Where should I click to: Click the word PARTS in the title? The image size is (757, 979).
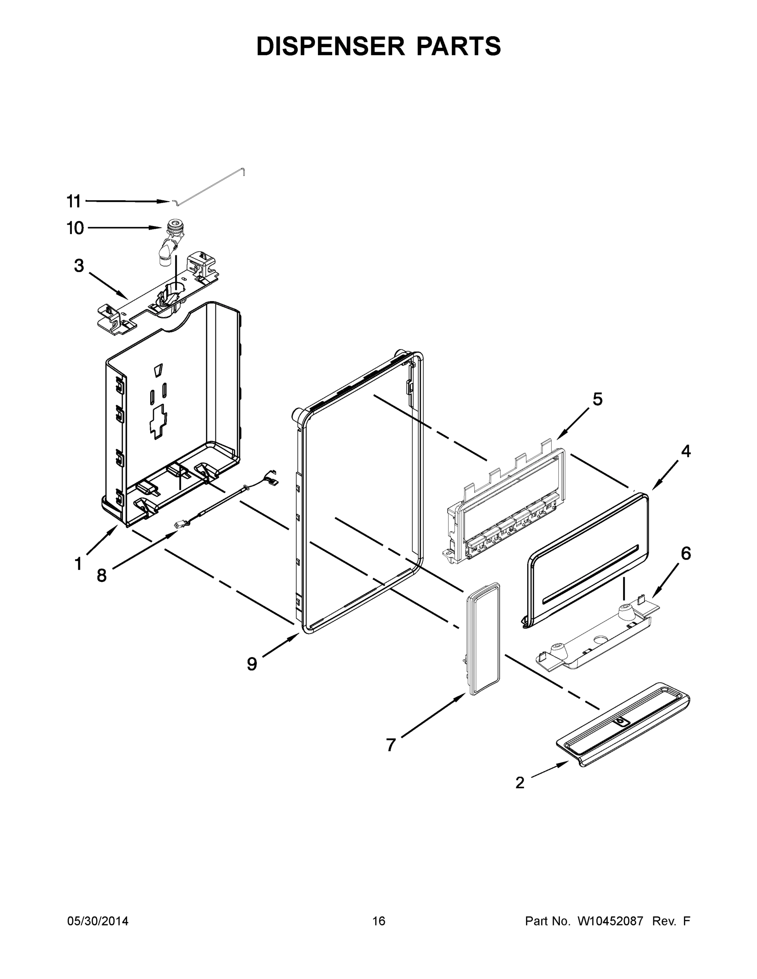tap(458, 46)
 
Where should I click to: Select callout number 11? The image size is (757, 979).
tap(74, 202)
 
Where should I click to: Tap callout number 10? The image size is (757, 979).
tap(75, 228)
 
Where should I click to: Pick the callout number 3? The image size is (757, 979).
tap(79, 266)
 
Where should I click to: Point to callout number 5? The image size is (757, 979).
tap(597, 399)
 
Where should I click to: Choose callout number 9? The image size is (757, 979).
tap(252, 664)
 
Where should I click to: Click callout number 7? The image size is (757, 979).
tap(391, 745)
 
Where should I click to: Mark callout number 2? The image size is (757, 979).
tap(520, 783)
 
